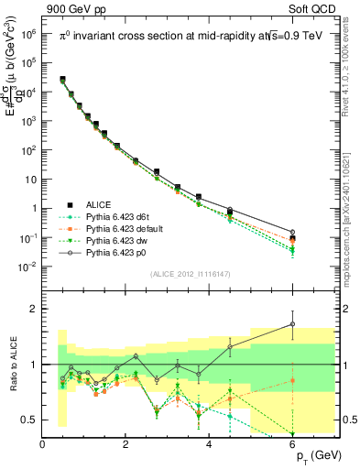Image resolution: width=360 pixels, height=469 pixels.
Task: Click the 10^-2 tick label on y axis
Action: pos(27,267)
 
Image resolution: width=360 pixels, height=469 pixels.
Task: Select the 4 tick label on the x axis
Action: pos(210,444)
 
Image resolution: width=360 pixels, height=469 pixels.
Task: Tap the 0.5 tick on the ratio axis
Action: pos(30,420)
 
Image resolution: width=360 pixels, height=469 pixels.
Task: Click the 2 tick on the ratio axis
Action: pos(34,309)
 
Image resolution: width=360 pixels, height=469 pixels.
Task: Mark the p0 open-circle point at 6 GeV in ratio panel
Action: pos(293,323)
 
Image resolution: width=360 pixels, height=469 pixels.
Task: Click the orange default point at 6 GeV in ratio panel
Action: pos(293,380)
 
